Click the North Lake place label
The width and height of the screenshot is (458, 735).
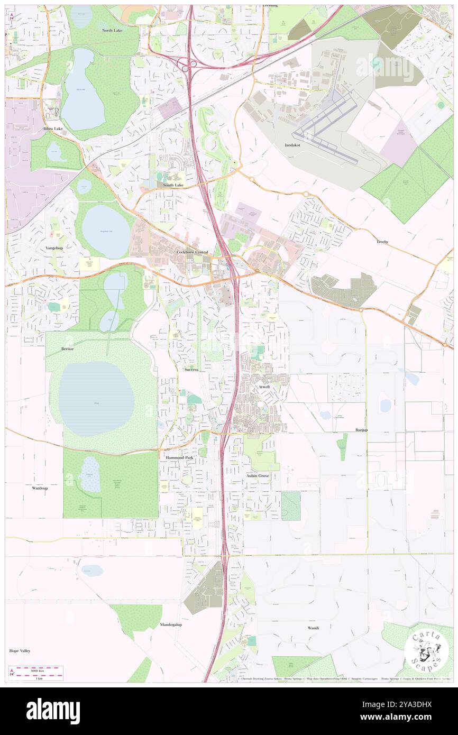click(112, 30)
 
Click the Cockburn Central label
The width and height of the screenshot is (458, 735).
click(192, 253)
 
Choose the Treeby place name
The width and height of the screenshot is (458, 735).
click(382, 242)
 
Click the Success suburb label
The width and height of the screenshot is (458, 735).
click(191, 370)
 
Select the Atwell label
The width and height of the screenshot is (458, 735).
click(264, 387)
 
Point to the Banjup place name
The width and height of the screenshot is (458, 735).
click(361, 430)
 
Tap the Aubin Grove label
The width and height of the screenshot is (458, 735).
click(258, 476)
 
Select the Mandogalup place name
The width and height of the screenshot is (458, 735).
click(171, 624)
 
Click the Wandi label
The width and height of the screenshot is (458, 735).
click(313, 628)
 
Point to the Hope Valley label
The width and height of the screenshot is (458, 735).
click(20, 651)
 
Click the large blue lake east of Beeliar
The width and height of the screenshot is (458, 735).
click(96, 399)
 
